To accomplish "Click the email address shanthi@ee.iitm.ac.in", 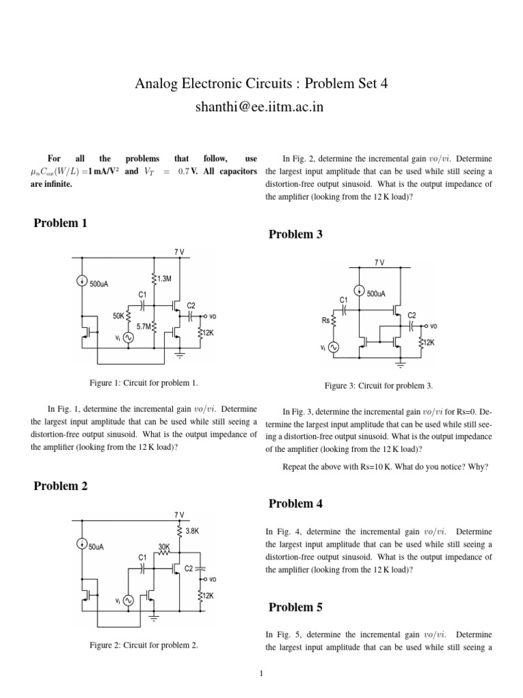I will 261,108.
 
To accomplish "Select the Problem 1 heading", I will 61,223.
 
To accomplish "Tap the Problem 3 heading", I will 296,234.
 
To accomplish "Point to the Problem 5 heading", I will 296,607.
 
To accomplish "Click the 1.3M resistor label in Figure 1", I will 164,279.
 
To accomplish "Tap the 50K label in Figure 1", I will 118,316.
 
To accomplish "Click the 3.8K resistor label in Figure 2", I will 192,530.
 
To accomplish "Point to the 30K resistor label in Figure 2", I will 163,547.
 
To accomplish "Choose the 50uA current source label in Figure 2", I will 97,547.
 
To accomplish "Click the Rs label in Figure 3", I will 325,320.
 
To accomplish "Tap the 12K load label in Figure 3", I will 428,343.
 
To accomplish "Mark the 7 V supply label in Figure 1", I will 179,252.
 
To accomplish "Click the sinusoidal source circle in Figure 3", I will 334,348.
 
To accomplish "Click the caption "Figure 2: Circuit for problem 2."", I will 144,645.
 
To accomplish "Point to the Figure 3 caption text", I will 379,386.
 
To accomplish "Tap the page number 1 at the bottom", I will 261,674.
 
